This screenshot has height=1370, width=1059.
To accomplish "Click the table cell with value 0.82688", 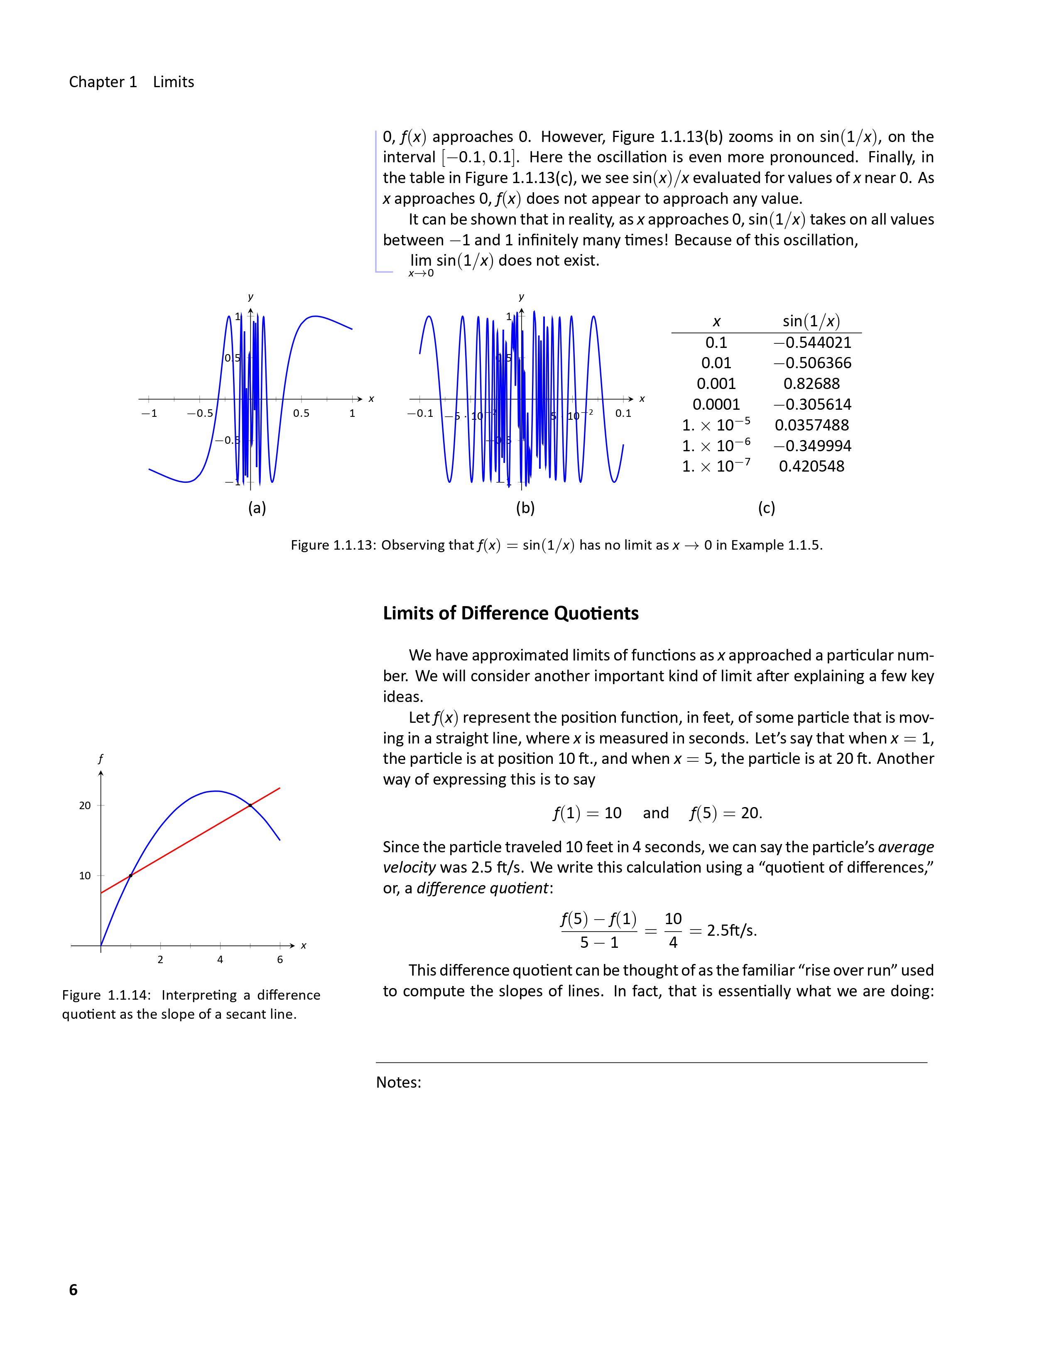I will pyautogui.click(x=811, y=383).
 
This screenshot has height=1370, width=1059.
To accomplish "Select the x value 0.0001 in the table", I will pyautogui.click(x=716, y=404).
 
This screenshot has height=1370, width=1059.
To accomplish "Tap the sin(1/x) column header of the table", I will pyautogui.click(x=811, y=321).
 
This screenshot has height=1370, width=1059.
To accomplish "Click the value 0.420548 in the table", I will pyautogui.click(x=811, y=466).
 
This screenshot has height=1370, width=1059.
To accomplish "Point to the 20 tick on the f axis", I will pyautogui.click(x=85, y=805).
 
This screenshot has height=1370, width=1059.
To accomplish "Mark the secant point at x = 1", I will pyautogui.click(x=130, y=875).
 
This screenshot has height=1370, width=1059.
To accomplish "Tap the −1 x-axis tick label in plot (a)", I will pyautogui.click(x=149, y=413).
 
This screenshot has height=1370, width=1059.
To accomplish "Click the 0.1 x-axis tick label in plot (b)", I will pyautogui.click(x=623, y=413).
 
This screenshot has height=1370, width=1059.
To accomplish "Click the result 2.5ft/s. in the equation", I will pyautogui.click(x=731, y=930).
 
